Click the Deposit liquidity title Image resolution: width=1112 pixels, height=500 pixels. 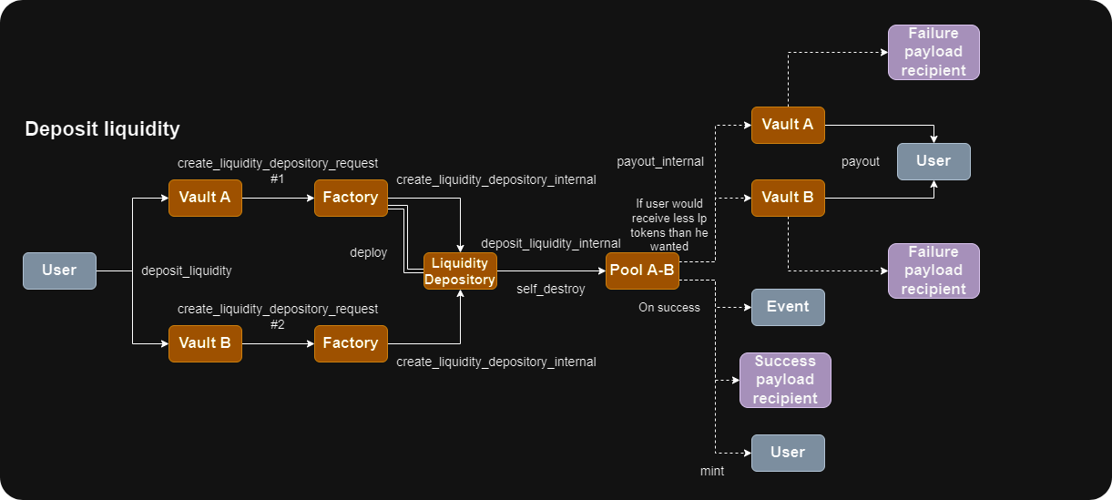(102, 129)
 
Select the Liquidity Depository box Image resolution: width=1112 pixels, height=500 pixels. (460, 271)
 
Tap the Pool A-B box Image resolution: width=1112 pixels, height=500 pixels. (642, 270)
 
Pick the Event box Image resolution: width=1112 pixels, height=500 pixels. (788, 307)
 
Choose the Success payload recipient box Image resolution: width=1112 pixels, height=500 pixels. (786, 380)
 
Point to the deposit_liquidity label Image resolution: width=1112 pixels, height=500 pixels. (186, 270)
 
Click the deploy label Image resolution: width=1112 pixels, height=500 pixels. (369, 252)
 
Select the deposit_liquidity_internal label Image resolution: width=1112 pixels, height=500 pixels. (551, 243)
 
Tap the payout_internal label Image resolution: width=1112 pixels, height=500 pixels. (660, 161)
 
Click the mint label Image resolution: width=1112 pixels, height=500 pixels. (712, 471)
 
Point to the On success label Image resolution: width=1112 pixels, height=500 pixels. (669, 307)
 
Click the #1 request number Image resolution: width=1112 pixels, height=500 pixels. (278, 179)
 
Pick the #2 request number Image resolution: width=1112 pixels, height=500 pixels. (278, 324)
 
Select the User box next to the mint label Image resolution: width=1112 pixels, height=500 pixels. (788, 453)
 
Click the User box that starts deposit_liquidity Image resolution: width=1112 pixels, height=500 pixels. (59, 270)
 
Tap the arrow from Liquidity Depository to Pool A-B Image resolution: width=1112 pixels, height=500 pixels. (551, 271)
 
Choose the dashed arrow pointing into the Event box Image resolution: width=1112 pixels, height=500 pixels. (733, 308)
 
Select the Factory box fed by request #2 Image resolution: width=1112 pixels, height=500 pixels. (351, 343)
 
